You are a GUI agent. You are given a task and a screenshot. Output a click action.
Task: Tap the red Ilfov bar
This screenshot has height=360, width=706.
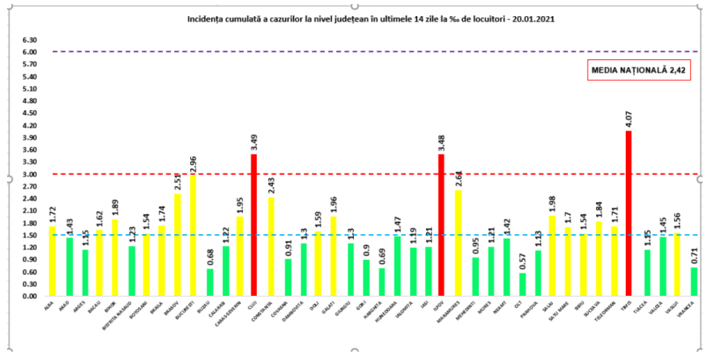[441, 224]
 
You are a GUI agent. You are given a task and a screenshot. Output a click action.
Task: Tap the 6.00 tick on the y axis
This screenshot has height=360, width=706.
[30, 52]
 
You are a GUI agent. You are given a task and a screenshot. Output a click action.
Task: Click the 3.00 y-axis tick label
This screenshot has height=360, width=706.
[30, 174]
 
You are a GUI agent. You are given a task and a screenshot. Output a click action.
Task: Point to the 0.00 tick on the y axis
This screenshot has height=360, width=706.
[30, 297]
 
